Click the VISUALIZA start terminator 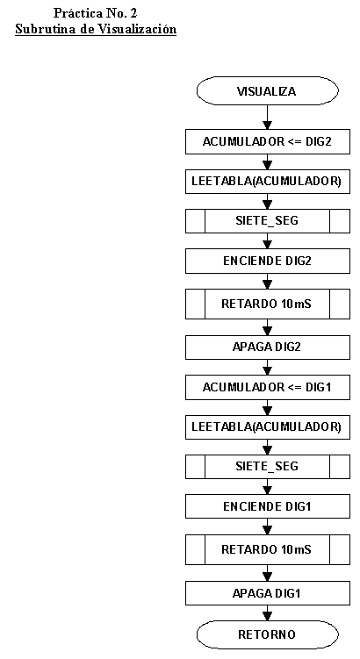268,90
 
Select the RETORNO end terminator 268,634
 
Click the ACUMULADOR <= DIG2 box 268,141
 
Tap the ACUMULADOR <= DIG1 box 268,388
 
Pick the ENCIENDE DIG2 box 268,261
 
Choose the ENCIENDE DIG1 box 268,506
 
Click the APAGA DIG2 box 268,347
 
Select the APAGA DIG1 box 268,593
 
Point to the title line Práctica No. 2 96,13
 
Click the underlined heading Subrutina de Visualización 96,30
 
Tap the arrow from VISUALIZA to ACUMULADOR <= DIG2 268,117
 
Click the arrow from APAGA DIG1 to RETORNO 268,613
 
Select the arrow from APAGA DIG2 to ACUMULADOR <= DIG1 268,368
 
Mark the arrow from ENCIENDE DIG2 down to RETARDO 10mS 268,281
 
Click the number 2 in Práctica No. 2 134,13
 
